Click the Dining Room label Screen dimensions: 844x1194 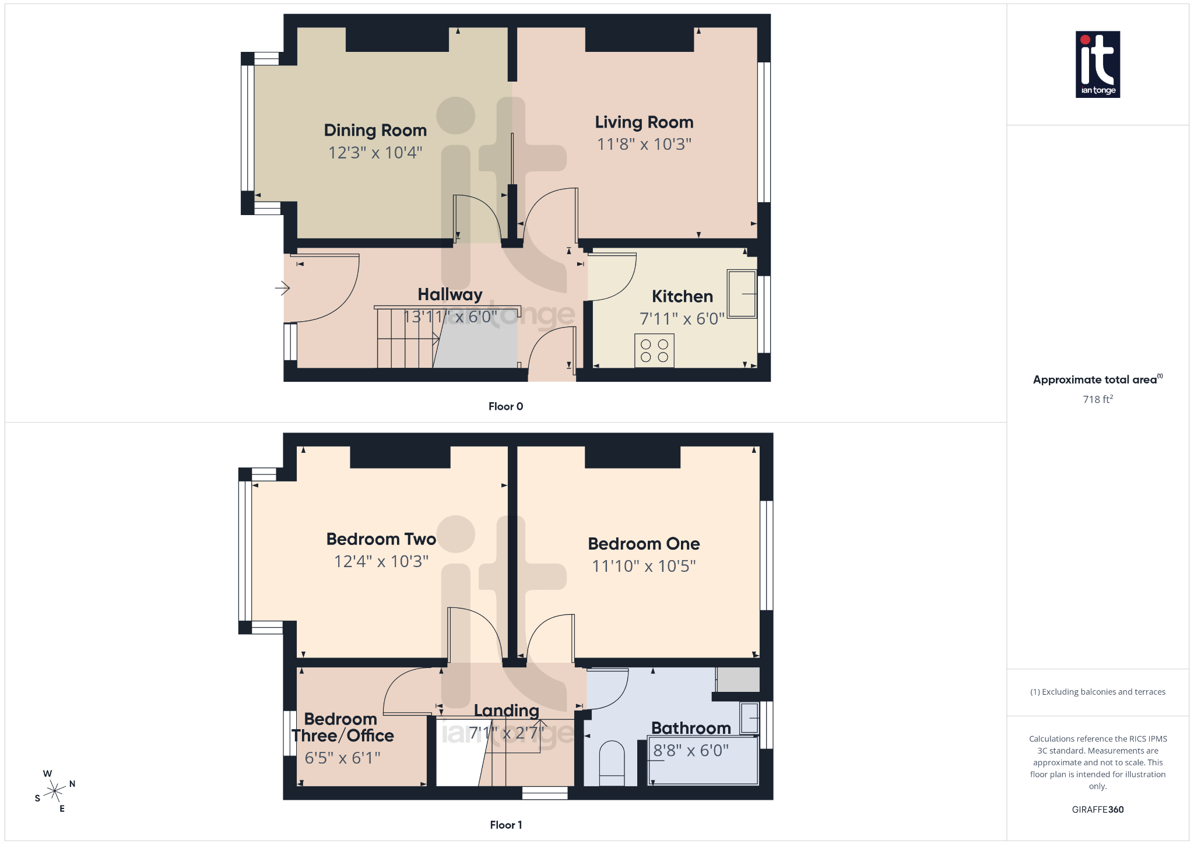coord(375,130)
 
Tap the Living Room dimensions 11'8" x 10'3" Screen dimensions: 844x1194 coord(644,144)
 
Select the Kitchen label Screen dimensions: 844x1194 coord(682,296)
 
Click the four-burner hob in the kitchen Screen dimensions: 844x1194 coord(654,350)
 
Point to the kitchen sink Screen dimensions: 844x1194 coord(742,294)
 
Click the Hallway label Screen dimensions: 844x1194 coord(450,294)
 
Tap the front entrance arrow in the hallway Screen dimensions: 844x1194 coord(283,287)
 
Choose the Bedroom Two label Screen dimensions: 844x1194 coord(381,539)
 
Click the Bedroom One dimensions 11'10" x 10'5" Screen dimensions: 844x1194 coord(644,566)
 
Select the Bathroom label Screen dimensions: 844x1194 coord(691,728)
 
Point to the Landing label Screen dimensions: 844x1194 coord(506,711)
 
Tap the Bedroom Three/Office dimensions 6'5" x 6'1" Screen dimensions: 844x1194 coord(342,758)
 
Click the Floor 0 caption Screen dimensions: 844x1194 coord(505,406)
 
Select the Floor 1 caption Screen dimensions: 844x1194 coord(505,825)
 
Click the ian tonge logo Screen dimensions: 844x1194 coord(1098,64)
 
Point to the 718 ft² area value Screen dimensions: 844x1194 coord(1098,399)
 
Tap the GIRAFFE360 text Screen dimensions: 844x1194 coord(1098,810)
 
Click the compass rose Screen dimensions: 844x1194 coord(55,791)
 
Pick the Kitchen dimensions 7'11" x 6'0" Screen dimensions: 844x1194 coord(682,319)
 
